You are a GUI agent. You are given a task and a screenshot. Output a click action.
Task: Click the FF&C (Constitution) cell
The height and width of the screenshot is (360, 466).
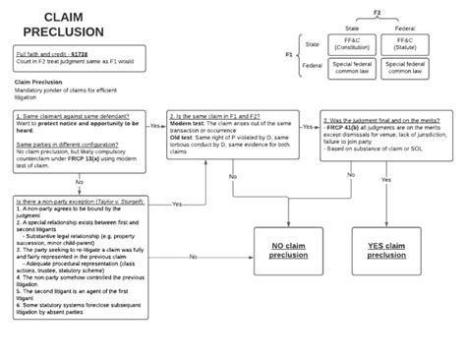coord(351,45)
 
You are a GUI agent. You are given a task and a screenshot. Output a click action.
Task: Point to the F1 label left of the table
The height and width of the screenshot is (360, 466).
coord(288,54)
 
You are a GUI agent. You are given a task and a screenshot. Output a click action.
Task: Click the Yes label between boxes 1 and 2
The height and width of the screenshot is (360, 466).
coord(155,126)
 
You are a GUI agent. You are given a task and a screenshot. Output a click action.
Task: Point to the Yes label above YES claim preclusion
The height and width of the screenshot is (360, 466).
coord(385,181)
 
